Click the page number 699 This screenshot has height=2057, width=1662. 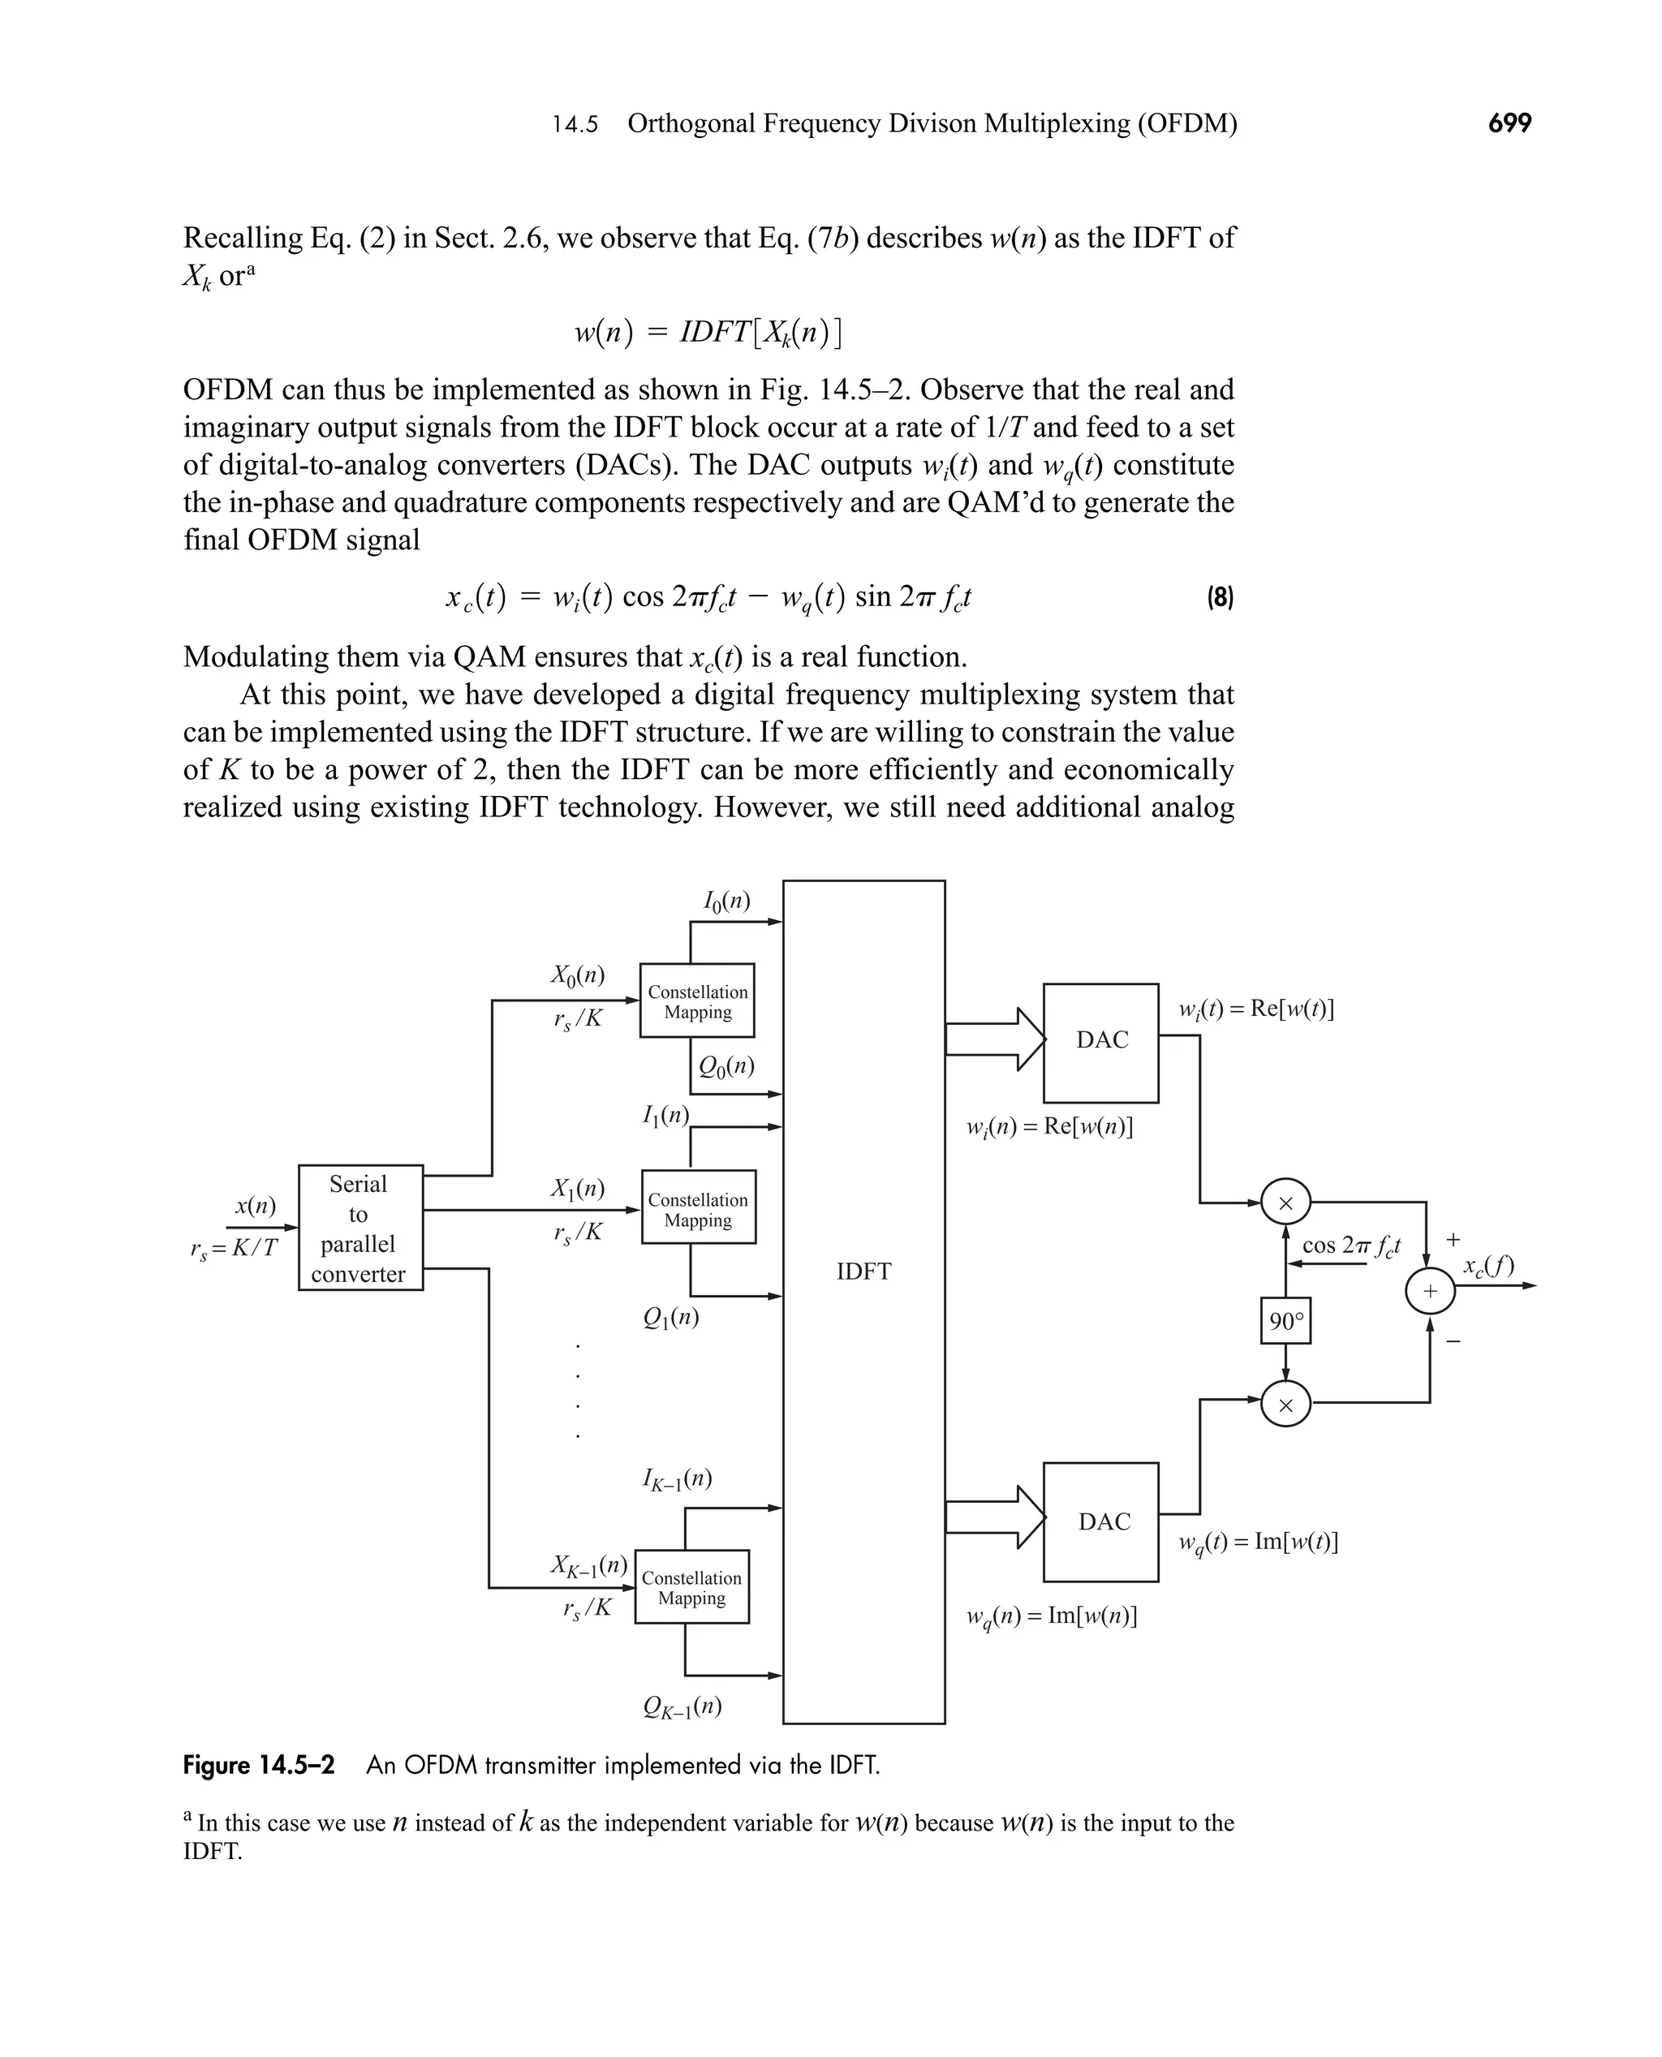tap(1509, 123)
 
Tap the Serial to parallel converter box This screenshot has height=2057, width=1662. tap(360, 1227)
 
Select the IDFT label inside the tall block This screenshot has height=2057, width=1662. tap(863, 1272)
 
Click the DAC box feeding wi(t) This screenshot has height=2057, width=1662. tap(1100, 1043)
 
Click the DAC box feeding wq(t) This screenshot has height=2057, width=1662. tap(1100, 1522)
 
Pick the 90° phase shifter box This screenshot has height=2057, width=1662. tap(1285, 1322)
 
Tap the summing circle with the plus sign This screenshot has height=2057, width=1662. tap(1429, 1291)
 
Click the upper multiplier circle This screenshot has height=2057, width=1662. tap(1285, 1203)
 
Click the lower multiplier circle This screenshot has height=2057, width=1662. tap(1285, 1405)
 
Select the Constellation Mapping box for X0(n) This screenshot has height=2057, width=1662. tap(697, 1001)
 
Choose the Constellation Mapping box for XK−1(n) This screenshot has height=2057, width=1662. tap(691, 1587)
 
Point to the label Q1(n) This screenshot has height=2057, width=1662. tap(671, 1318)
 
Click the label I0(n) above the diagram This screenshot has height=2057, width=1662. tap(726, 902)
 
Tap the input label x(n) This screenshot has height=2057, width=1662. tap(255, 1206)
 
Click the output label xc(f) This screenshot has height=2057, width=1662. tap(1488, 1267)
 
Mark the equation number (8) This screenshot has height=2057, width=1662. tap(1219, 599)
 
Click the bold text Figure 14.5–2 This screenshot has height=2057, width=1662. tap(259, 1764)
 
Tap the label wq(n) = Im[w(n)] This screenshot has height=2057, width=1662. tap(1051, 1616)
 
